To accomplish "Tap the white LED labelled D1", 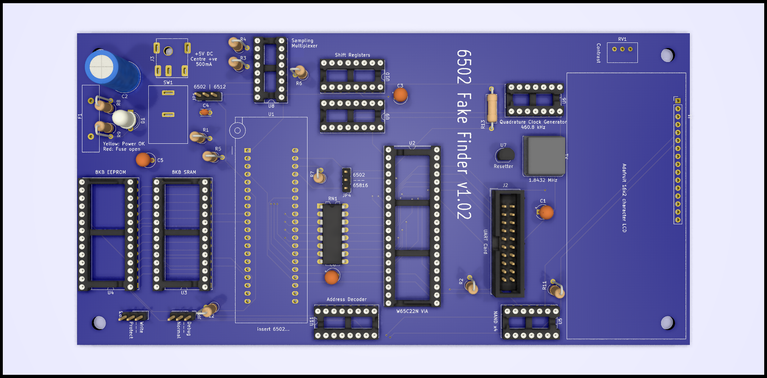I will [x=124, y=119].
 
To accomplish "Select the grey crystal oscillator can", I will [x=544, y=155].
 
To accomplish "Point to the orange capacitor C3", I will [x=400, y=95].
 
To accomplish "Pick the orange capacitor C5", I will [x=143, y=159].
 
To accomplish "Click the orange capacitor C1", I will [x=546, y=212].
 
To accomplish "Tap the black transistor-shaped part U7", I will [x=505, y=155].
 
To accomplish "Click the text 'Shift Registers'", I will [x=352, y=55].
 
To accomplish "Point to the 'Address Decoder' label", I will [x=346, y=300].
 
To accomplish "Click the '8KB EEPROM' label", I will [x=110, y=172].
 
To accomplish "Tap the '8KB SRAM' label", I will [x=184, y=172].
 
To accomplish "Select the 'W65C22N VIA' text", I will [x=412, y=311].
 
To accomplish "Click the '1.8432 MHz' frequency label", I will [x=543, y=180].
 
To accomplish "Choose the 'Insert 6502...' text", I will [x=273, y=329].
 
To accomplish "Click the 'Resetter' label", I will [x=503, y=166].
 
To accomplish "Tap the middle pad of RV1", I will [x=622, y=49].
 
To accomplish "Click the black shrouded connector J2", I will [x=507, y=242].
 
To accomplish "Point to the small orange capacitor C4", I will [x=206, y=113].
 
